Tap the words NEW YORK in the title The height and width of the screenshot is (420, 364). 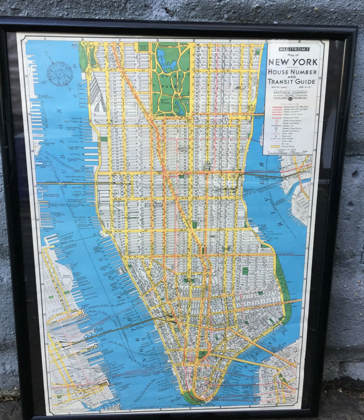click(293, 62)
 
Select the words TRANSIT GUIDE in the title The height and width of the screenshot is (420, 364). click(291, 81)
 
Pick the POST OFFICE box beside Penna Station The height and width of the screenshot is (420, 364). click(147, 204)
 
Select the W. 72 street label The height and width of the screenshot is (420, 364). click(114, 70)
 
